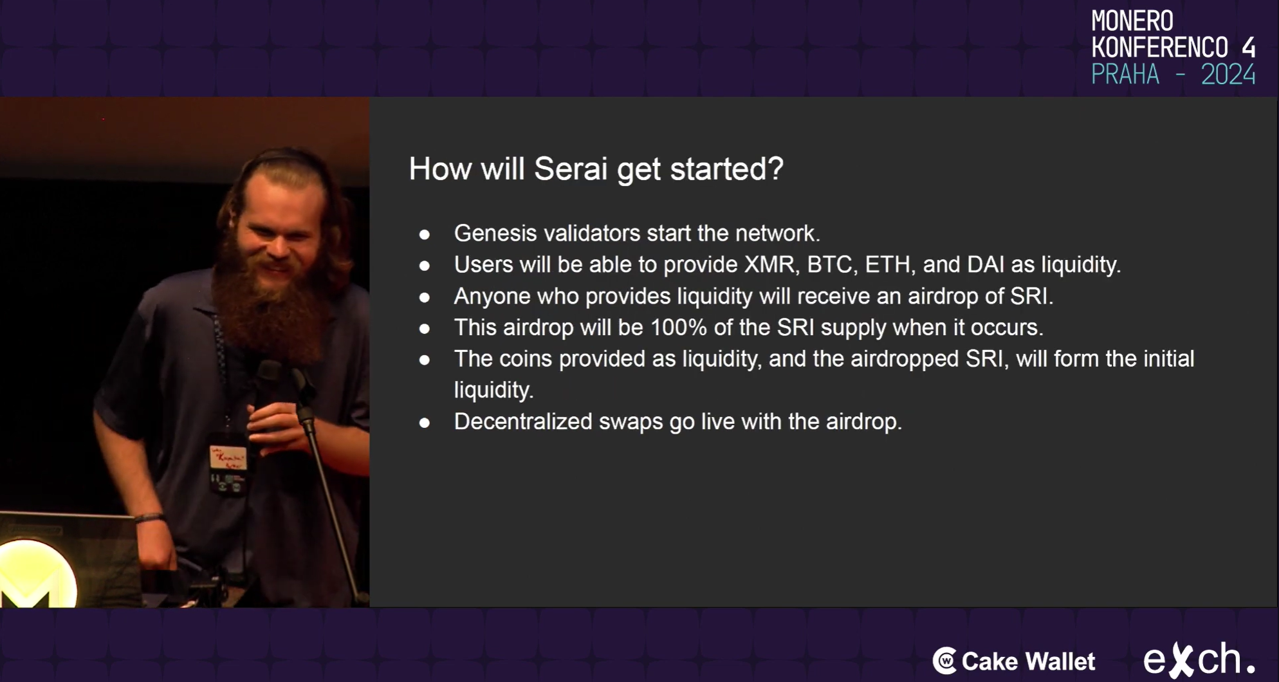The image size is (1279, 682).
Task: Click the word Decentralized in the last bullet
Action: tap(523, 421)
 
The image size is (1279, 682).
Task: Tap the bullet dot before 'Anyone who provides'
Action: tap(425, 297)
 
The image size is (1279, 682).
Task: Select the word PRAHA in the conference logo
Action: tap(1125, 75)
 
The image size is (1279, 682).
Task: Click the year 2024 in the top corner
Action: tap(1228, 75)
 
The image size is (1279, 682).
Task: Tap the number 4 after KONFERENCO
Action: tap(1248, 48)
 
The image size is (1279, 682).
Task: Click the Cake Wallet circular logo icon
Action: tap(944, 661)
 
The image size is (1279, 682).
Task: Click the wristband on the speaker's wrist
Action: tap(149, 517)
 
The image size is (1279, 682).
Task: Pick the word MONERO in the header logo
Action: tap(1132, 21)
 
